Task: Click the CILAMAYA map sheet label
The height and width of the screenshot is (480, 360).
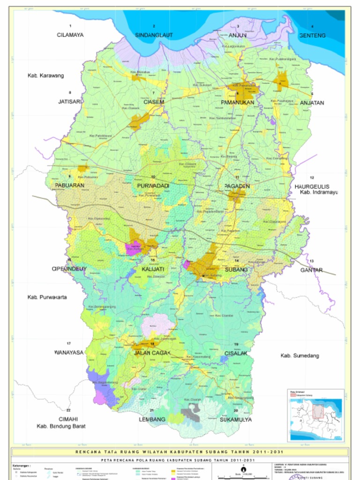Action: pos(70,35)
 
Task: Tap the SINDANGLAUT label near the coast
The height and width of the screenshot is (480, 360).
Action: pos(154,35)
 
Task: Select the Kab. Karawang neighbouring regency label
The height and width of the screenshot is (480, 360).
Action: pos(45,75)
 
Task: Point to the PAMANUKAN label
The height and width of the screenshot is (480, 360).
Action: pos(237,102)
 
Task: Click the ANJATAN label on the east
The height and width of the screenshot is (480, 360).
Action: pos(312,103)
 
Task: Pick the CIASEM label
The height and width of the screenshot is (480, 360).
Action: pos(154,102)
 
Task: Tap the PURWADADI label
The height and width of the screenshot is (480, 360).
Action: pos(153,186)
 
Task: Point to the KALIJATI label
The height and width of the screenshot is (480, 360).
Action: pos(153,270)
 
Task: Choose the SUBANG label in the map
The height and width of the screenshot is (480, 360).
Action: pos(236,270)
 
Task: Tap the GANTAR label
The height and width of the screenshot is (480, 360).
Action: pos(311,270)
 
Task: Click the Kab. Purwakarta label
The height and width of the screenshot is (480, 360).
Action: pos(47,297)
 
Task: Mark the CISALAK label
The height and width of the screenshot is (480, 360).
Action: pos(236,353)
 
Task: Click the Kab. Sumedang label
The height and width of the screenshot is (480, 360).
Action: pos(300,356)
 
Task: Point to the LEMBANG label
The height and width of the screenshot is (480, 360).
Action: pos(152,419)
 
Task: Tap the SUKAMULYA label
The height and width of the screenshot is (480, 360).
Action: pos(236,420)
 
